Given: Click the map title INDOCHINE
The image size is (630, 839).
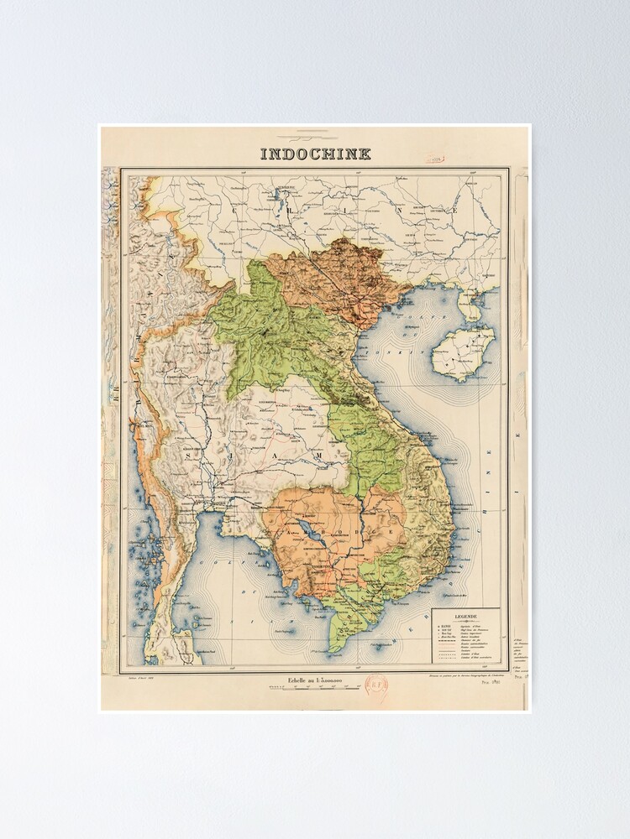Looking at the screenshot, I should click(315, 154).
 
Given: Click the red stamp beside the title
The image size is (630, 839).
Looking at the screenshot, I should click(433, 157).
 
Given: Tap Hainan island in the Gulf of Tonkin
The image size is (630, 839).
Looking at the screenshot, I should click(462, 352).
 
